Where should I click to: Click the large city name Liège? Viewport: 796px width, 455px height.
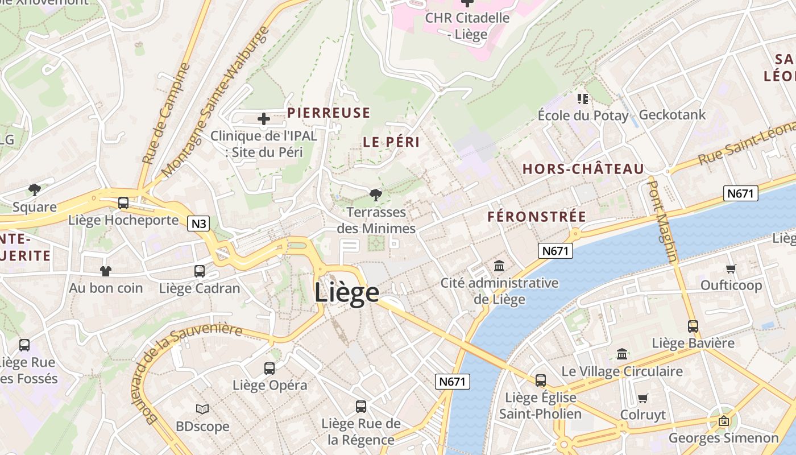pyautogui.click(x=347, y=292)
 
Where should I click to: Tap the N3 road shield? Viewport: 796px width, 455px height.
pyautogui.click(x=198, y=224)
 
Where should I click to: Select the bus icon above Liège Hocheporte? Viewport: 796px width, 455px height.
pyautogui.click(x=123, y=203)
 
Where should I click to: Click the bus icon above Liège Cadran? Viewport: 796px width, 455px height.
pyautogui.click(x=199, y=271)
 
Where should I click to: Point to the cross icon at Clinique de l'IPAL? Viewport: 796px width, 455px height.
pyautogui.click(x=264, y=119)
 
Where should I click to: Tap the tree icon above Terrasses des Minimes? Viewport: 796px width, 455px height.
pyautogui.click(x=375, y=195)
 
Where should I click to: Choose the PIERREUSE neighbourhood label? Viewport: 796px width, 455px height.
pyautogui.click(x=329, y=113)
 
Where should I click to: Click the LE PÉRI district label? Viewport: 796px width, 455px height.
pyautogui.click(x=391, y=143)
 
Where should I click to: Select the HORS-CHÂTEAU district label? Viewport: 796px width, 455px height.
pyautogui.click(x=583, y=169)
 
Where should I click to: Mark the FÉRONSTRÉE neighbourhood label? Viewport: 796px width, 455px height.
pyautogui.click(x=536, y=217)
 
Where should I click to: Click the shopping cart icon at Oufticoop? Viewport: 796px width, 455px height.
pyautogui.click(x=731, y=268)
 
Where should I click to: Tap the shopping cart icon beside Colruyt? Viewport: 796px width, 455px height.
pyautogui.click(x=642, y=398)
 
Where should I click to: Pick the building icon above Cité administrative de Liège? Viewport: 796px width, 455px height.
pyautogui.click(x=499, y=266)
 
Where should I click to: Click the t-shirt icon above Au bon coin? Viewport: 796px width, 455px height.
pyautogui.click(x=106, y=271)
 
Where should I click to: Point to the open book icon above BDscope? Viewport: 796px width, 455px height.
pyautogui.click(x=202, y=409)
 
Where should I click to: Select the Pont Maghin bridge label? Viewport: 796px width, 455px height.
pyautogui.click(x=663, y=222)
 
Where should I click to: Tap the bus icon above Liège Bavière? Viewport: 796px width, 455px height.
pyautogui.click(x=693, y=326)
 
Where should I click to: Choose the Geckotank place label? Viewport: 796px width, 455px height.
pyautogui.click(x=672, y=115)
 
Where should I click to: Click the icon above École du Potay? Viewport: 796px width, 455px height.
pyautogui.click(x=582, y=99)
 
